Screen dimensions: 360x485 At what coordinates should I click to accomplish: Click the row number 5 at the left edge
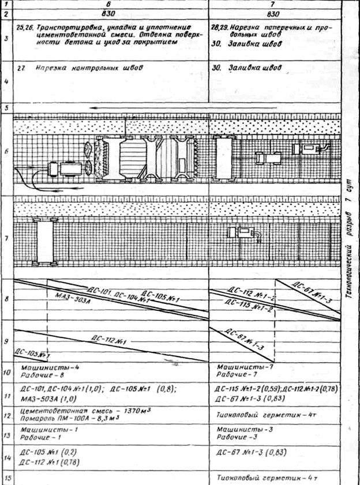coord(6,108)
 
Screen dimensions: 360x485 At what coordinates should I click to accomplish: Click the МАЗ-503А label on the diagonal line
coord(75,298)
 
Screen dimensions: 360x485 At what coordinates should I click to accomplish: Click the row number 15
coord(6,478)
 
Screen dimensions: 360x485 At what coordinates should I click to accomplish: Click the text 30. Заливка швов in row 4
coord(250,67)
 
